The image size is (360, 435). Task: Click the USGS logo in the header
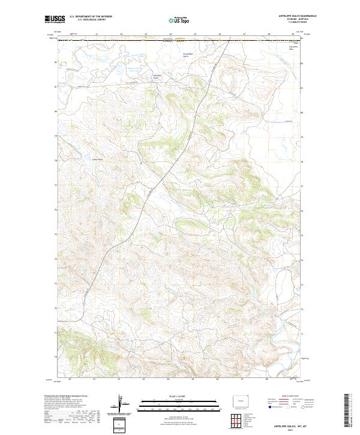(54, 20)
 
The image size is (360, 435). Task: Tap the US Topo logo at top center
(179, 20)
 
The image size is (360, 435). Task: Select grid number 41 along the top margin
(96, 34)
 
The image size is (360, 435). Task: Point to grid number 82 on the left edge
(57, 62)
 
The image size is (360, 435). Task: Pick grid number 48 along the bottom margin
(269, 379)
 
